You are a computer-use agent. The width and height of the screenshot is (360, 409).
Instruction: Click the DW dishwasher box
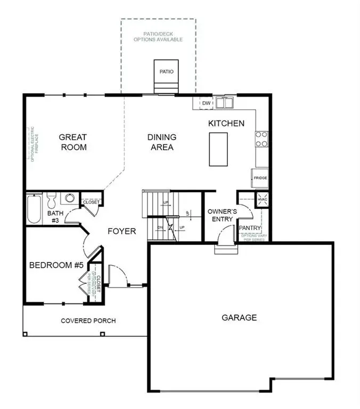point(206,103)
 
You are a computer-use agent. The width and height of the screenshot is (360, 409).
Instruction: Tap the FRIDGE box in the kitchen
point(260,178)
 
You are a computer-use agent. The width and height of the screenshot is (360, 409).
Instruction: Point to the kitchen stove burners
point(261,139)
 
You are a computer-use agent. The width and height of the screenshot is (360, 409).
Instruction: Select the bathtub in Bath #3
point(33,209)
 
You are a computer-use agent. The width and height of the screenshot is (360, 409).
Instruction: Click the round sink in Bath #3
point(69,199)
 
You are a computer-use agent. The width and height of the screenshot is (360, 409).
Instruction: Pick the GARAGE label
point(239,318)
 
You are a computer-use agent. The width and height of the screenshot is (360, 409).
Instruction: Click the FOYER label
point(122,231)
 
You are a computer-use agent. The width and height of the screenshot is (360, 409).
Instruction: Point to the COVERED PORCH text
point(88,321)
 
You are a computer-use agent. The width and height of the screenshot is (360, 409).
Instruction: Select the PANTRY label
point(250,228)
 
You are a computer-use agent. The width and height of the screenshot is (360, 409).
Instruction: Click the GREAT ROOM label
point(72,142)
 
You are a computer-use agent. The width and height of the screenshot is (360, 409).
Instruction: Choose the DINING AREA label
point(161,142)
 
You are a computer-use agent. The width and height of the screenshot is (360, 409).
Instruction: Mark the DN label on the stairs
point(160,227)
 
